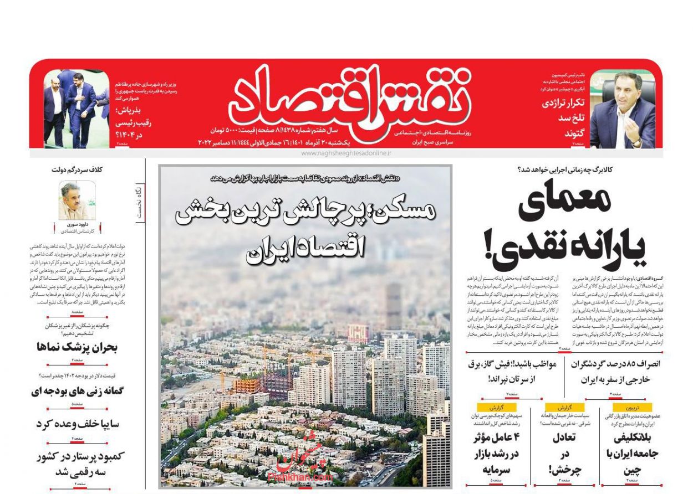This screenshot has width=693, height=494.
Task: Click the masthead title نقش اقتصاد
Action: click(x=349, y=100)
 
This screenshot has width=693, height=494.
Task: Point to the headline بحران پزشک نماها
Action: click(x=77, y=347)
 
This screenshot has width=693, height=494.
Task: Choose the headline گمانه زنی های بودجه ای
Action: click(x=77, y=391)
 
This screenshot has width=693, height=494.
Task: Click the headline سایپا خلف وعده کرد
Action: click(x=77, y=424)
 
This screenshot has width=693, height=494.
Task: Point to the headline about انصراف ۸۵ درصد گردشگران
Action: click(x=615, y=372)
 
